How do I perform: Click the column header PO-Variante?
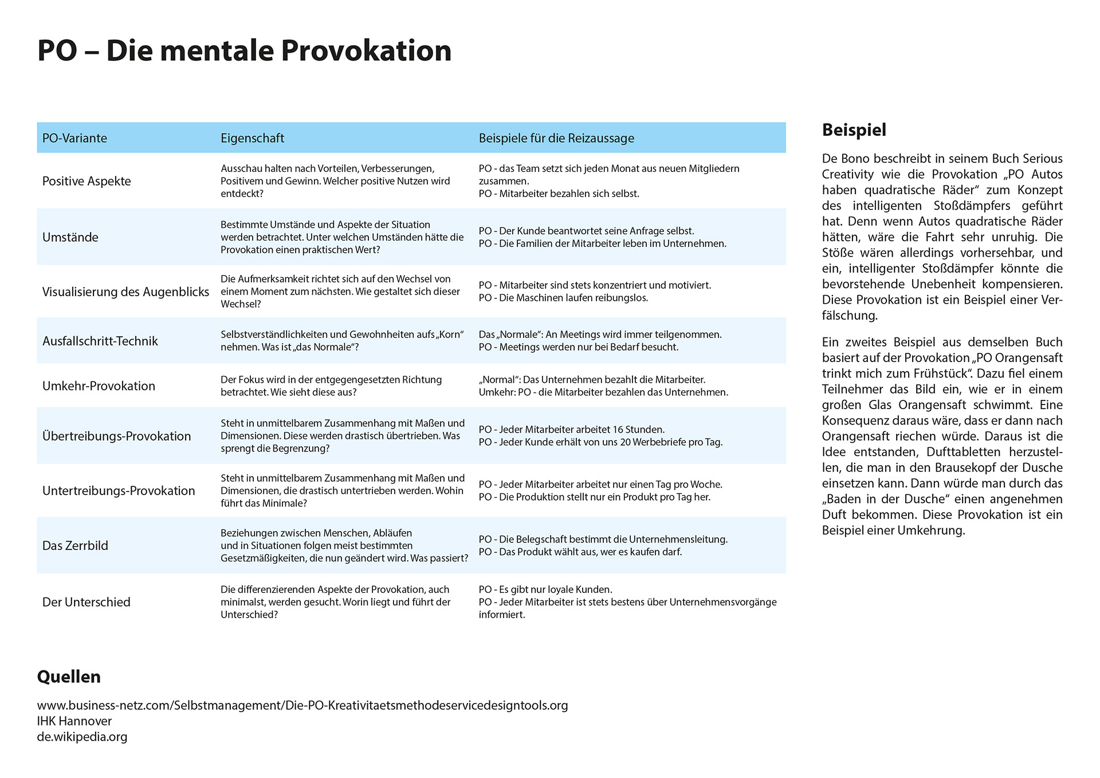74,138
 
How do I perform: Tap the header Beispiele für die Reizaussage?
556,138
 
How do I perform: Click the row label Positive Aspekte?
87,181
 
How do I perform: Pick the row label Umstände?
70,237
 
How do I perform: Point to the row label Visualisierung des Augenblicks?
125,292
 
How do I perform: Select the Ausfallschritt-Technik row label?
100,341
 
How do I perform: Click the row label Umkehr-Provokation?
99,386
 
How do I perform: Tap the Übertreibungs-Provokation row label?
116,436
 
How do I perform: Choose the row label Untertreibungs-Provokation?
119,490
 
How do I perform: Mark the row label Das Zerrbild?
75,545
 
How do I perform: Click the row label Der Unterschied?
87,602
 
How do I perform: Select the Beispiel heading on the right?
854,130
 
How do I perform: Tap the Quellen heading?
69,677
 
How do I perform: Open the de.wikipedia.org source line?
82,737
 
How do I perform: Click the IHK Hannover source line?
74,721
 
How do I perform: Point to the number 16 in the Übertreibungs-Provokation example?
618,430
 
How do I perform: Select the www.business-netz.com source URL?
302,705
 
